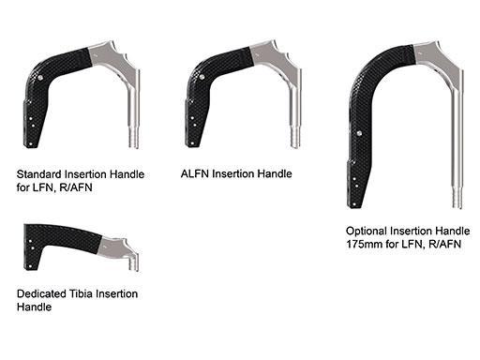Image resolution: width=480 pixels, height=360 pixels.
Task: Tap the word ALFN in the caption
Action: tap(195, 173)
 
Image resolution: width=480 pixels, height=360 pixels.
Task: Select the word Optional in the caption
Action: tap(367, 231)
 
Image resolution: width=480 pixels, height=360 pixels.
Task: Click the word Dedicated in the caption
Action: tap(44, 293)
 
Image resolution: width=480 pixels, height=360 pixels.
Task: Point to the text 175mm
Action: tap(365, 244)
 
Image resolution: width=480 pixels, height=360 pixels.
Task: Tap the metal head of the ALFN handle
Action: tap(279, 56)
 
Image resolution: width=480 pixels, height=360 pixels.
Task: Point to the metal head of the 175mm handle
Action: tap(436, 56)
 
